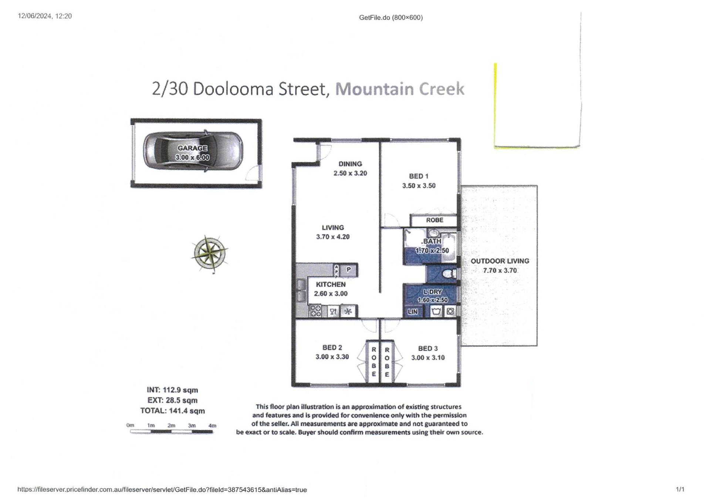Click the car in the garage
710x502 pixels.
click(193, 151)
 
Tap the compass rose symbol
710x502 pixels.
click(209, 254)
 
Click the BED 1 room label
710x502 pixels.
click(419, 176)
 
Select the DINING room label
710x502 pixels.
click(350, 164)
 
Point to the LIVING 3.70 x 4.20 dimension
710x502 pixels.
click(333, 237)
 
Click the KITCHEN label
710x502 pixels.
click(331, 284)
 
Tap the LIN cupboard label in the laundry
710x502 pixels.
click(413, 312)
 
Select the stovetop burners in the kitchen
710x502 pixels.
click(315, 311)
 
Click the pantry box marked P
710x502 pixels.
click(348, 270)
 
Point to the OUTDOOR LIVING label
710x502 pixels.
click(500, 261)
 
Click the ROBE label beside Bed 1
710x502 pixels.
click(435, 220)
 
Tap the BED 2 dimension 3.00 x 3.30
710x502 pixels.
click(332, 357)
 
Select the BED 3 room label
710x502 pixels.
click(428, 348)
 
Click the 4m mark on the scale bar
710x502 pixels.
click(212, 426)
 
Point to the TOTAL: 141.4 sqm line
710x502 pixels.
click(172, 411)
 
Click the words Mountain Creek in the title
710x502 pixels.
click(399, 89)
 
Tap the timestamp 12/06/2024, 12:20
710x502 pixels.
click(45, 16)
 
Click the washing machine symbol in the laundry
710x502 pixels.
click(450, 311)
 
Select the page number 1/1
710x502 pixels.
click(680, 489)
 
